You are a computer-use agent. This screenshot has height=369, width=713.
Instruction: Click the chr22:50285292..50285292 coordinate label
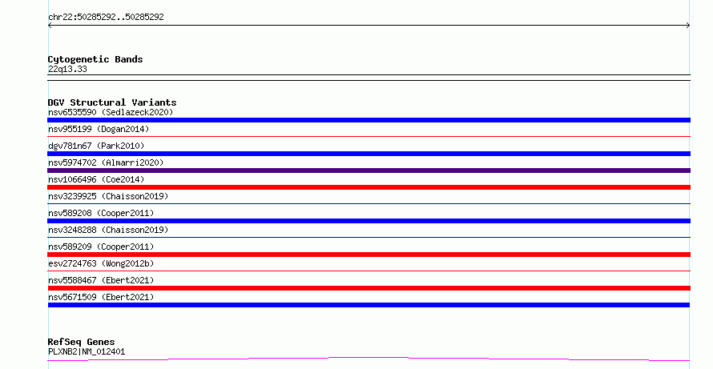point(106,18)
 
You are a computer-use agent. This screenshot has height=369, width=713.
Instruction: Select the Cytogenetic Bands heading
point(95,59)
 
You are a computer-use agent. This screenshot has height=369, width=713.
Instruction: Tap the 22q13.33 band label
point(67,69)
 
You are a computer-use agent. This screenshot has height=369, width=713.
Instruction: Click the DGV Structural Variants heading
point(112,102)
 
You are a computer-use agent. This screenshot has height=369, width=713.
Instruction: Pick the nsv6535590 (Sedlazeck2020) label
point(111,112)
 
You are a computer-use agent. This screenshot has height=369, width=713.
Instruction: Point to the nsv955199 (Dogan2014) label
point(99,129)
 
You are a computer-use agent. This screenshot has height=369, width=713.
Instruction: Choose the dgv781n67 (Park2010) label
point(96,146)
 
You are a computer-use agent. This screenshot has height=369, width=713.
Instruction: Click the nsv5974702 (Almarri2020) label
point(106,162)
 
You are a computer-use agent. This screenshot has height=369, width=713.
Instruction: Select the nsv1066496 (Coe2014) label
point(96,179)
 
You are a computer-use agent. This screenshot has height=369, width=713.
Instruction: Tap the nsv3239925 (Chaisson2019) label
point(108,196)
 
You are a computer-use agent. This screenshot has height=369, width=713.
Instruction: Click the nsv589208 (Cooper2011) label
point(101,213)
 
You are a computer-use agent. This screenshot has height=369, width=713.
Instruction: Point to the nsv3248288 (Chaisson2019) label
point(108,230)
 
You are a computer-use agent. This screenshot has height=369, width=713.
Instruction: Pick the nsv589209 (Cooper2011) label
point(101,247)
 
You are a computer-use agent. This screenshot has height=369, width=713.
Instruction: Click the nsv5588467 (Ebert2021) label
point(101,280)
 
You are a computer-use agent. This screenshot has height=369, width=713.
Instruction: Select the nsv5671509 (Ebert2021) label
point(101,297)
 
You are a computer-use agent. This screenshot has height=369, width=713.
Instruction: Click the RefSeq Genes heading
point(82,342)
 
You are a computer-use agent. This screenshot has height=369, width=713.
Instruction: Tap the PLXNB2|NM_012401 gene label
point(87,351)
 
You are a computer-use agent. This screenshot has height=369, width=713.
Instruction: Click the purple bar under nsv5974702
point(369,170)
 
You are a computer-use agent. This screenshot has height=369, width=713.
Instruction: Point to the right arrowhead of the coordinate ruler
point(688,26)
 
